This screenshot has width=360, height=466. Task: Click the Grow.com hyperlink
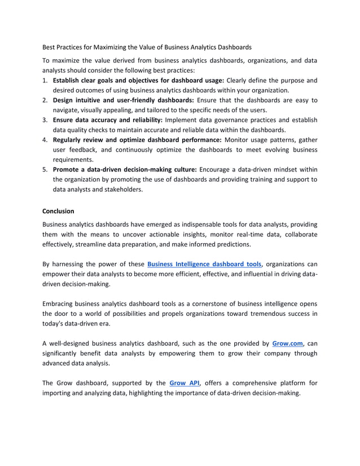[x=287, y=342]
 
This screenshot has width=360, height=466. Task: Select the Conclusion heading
[x=58, y=211]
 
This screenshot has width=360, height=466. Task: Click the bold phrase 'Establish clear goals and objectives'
[x=113, y=80]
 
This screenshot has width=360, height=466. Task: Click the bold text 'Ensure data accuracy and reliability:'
[x=108, y=120]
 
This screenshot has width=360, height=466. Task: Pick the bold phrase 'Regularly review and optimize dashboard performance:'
[x=137, y=140]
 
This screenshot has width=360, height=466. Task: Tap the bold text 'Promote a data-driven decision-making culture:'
[x=125, y=169]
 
